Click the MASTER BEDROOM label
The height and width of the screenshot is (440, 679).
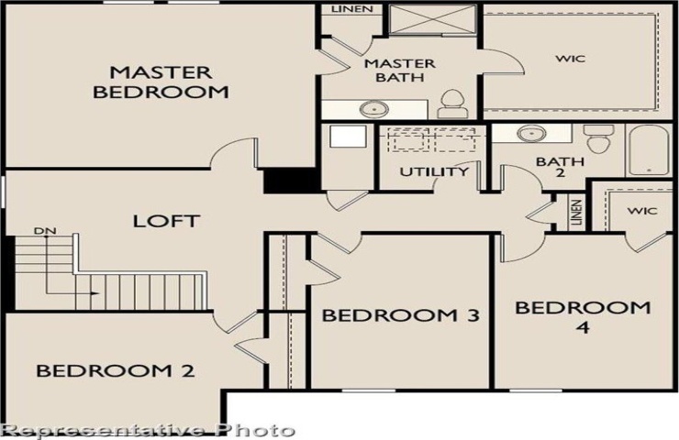(x=161, y=82)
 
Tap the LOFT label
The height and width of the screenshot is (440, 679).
(x=166, y=222)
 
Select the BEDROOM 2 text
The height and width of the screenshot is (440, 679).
(x=116, y=370)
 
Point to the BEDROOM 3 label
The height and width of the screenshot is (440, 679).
(x=401, y=315)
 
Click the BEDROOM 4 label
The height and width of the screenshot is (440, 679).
(x=583, y=317)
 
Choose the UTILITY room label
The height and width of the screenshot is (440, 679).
(x=434, y=171)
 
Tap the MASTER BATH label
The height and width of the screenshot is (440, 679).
(x=400, y=71)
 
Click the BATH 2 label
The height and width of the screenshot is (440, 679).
(x=560, y=167)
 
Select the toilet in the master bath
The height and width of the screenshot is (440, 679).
(x=452, y=104)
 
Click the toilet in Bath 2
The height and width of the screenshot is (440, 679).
(x=598, y=138)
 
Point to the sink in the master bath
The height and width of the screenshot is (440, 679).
(x=373, y=108)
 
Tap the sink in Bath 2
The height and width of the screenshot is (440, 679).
(x=531, y=134)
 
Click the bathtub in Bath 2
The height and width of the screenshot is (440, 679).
(x=649, y=150)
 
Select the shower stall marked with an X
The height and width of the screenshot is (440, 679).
(x=432, y=19)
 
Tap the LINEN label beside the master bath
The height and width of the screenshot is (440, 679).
(x=352, y=8)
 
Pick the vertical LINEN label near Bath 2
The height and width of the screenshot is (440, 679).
(x=575, y=212)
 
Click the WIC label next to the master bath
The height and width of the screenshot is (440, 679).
(x=571, y=59)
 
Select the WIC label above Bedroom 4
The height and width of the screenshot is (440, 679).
(x=642, y=211)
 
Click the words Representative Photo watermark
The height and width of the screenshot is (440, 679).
(x=148, y=431)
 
